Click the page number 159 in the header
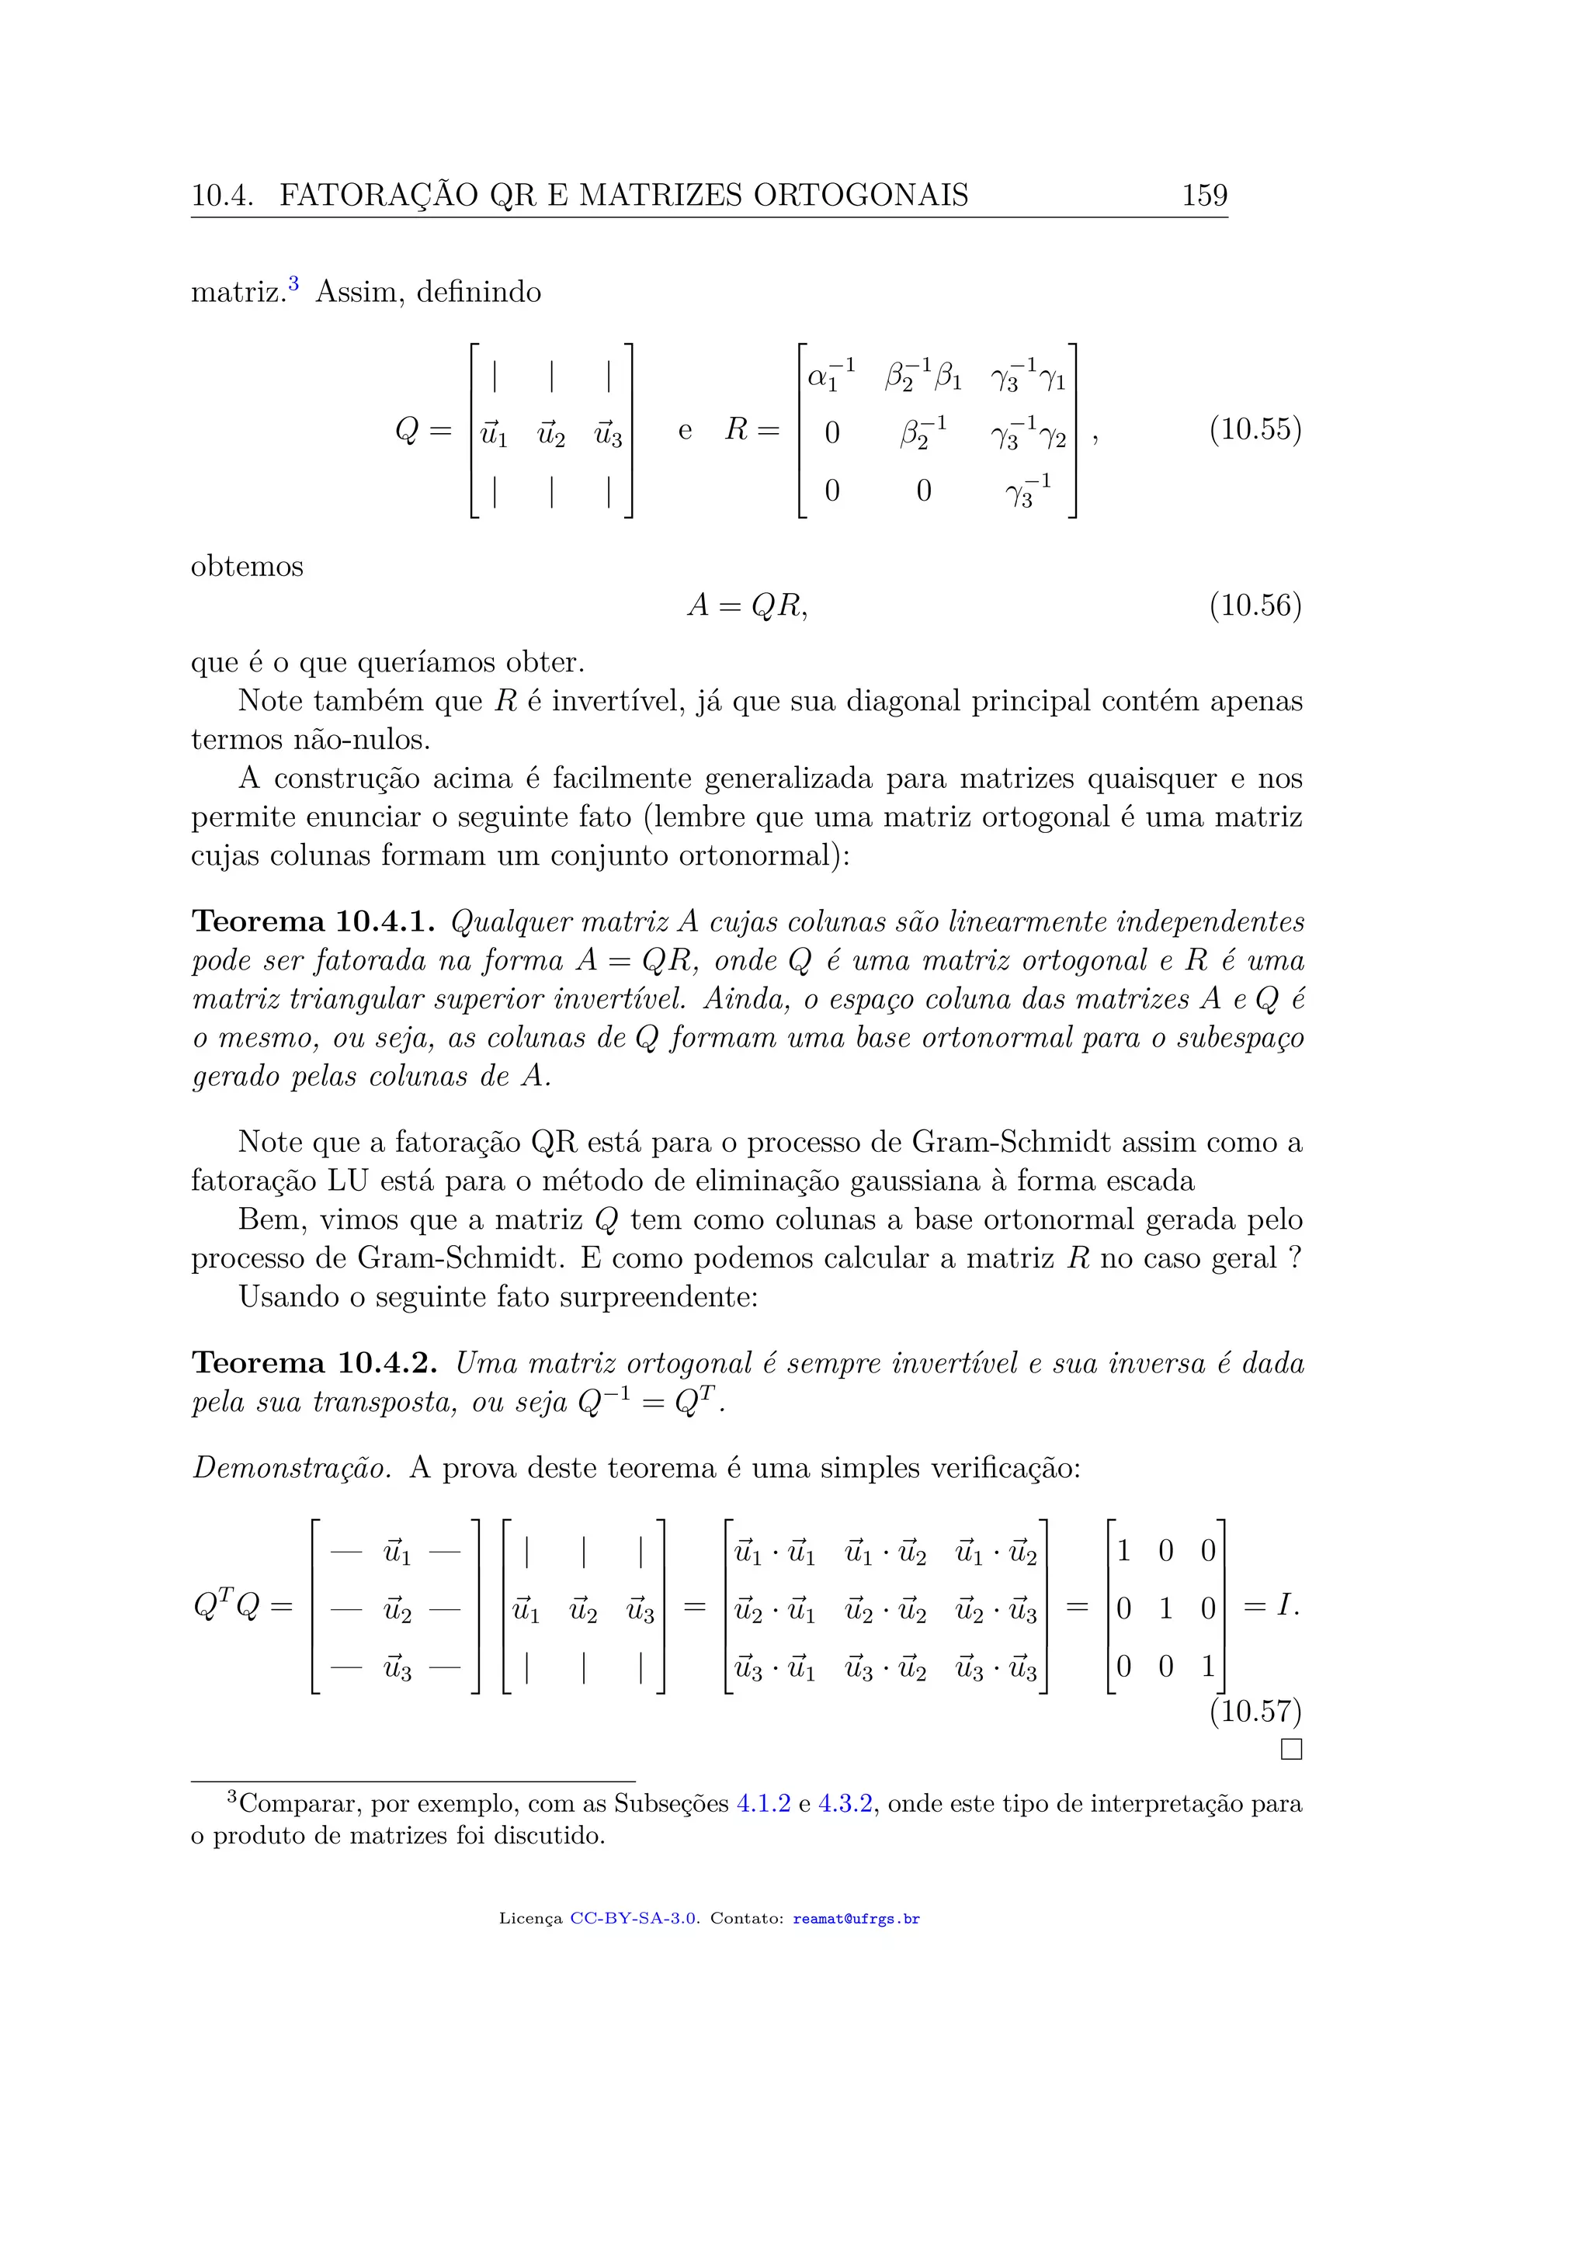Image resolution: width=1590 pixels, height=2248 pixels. click(x=1204, y=195)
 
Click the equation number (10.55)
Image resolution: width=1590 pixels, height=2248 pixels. click(x=1255, y=430)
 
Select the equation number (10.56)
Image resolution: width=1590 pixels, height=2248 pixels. click(x=1255, y=606)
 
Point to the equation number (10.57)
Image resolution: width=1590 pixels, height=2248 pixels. click(x=1255, y=1712)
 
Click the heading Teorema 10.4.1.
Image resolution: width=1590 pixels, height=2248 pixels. click(x=314, y=922)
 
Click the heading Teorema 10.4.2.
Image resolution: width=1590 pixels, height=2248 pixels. click(x=314, y=1364)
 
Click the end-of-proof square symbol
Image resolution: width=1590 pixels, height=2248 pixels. click(x=1291, y=1750)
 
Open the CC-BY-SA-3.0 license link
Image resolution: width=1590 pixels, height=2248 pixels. click(x=634, y=1919)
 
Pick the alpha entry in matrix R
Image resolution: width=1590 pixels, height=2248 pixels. click(x=831, y=375)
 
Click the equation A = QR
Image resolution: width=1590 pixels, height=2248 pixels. click(x=747, y=606)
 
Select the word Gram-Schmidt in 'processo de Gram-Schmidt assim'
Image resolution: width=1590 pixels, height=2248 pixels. click(x=1010, y=1143)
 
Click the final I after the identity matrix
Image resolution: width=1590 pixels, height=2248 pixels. click(x=1286, y=1606)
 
